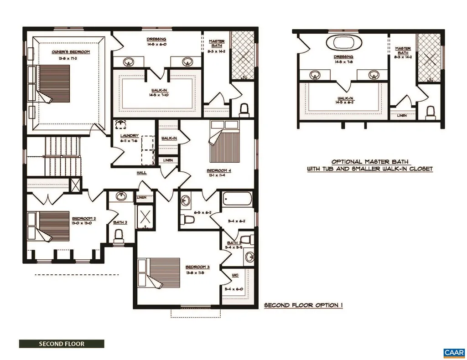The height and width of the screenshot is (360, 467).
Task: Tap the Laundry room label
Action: point(126,136)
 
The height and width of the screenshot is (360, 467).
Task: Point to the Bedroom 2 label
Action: point(84,219)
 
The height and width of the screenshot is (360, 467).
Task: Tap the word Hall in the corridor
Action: point(142,173)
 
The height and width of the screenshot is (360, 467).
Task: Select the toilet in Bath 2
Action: point(119,235)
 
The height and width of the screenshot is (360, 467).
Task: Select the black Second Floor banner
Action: point(62,344)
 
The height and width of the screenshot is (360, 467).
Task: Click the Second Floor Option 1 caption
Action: point(303,305)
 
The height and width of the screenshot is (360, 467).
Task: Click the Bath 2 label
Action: point(120,222)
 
